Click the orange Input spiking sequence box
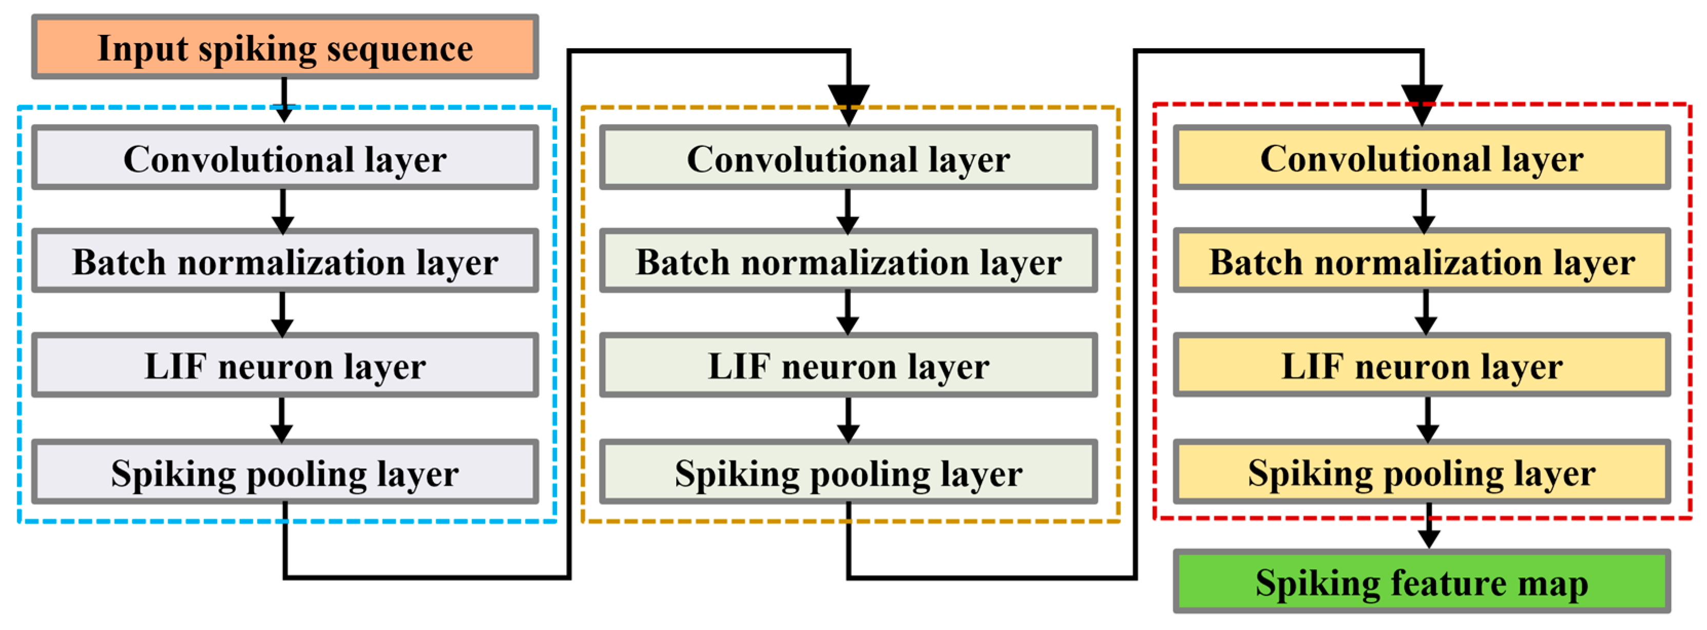coord(285,48)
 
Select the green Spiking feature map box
coord(1422,582)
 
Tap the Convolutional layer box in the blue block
coord(285,158)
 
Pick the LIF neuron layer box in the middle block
coord(848,365)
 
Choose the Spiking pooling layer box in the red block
coord(1422,472)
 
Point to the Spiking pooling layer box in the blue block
coord(285,472)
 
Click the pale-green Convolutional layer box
coord(848,158)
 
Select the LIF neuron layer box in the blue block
coord(285,365)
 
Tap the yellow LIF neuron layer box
coord(1422,365)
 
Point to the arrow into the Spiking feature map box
coord(1428,527)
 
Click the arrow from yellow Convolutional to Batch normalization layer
coord(1424,211)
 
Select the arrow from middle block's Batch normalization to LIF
coord(848,313)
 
